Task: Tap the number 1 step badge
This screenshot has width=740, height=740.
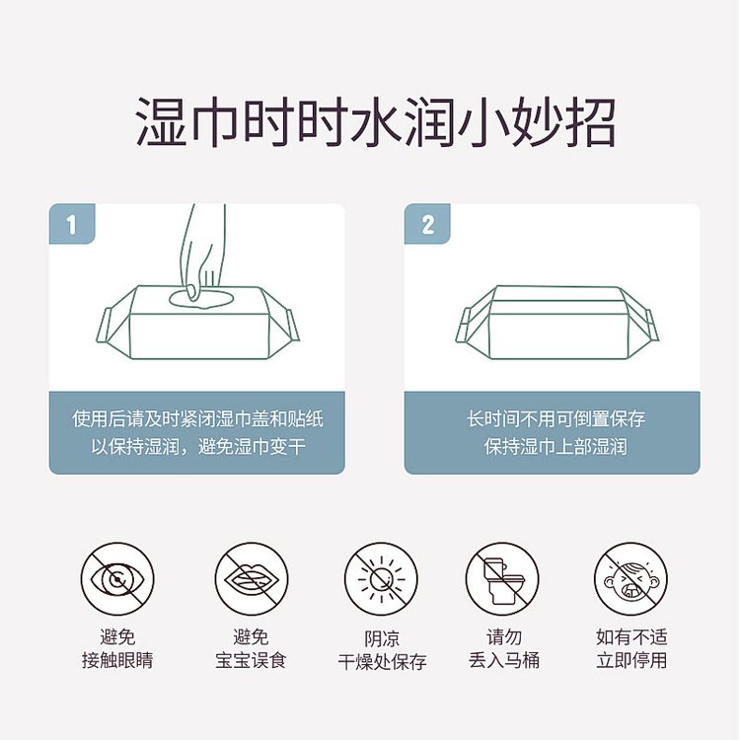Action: click(71, 225)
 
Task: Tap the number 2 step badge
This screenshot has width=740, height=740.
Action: click(427, 225)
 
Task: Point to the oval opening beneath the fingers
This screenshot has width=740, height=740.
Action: click(201, 297)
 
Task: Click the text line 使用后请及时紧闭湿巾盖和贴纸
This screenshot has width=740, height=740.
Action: click(197, 419)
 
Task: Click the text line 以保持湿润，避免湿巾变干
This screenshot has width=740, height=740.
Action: click(197, 447)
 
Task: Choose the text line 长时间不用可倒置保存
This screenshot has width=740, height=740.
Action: click(555, 419)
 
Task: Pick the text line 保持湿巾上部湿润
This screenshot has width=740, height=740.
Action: click(555, 447)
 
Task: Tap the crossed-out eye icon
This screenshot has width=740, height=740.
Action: click(117, 579)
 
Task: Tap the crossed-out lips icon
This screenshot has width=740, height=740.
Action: click(251, 579)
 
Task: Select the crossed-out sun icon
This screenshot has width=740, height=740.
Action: click(381, 579)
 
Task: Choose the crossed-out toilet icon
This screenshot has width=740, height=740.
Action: click(502, 579)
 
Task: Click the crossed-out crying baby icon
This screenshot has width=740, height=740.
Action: click(630, 579)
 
